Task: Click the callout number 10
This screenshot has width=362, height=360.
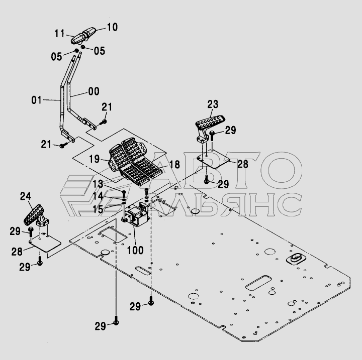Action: point(112,27)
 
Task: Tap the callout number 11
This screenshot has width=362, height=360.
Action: point(60,34)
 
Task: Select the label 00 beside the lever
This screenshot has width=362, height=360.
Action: point(93,91)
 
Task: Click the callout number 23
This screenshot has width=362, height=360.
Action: point(213,104)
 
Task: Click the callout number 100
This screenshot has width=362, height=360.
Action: point(135,250)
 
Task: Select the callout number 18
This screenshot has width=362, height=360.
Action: point(174,164)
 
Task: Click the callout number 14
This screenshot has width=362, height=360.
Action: point(98,195)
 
